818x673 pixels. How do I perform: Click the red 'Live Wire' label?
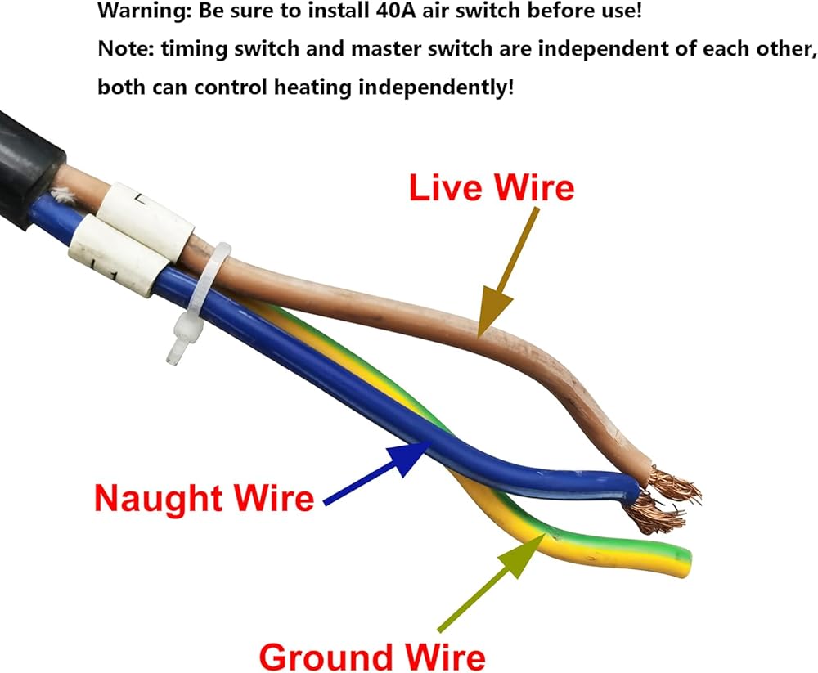pyautogui.click(x=492, y=187)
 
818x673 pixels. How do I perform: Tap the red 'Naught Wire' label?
pyautogui.click(x=204, y=498)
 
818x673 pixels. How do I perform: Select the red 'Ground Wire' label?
pyautogui.click(x=372, y=657)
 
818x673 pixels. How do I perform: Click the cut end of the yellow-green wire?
pyautogui.click(x=684, y=563)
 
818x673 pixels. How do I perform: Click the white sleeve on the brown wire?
pyautogui.click(x=146, y=214)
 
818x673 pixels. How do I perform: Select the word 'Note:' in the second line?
pyautogui.click(x=126, y=48)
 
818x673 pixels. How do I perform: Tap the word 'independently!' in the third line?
pyautogui.click(x=436, y=87)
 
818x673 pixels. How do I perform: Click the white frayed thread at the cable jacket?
pyautogui.click(x=63, y=195)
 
